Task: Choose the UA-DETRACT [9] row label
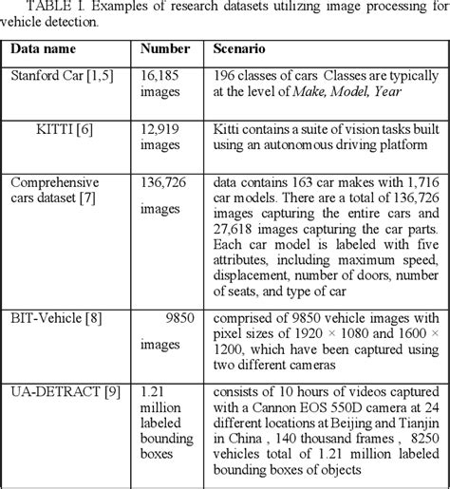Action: [x=54, y=390]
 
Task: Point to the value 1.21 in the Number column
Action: [x=152, y=390]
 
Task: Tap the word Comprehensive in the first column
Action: [x=54, y=178]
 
